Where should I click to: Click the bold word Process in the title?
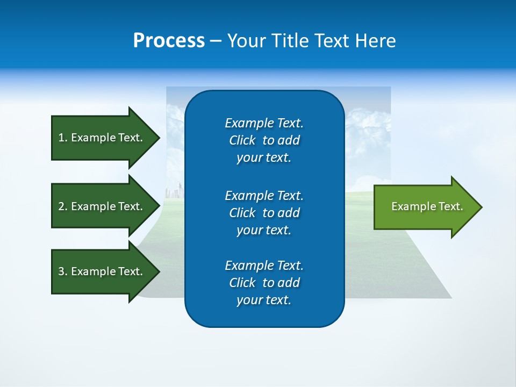[169, 41]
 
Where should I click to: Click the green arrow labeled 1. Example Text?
[102, 138]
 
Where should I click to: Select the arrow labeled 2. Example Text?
[102, 206]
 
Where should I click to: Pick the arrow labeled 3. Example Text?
[102, 271]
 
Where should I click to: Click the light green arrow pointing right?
[425, 207]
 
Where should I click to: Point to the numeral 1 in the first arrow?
[61, 138]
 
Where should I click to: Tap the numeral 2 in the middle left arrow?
[61, 206]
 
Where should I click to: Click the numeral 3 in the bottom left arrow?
[61, 271]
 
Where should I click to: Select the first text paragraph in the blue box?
[264, 140]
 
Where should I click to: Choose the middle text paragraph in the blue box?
[264, 213]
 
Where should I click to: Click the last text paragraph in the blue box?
[264, 283]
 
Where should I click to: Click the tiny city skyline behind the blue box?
[175, 191]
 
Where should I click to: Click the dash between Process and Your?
[216, 41]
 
